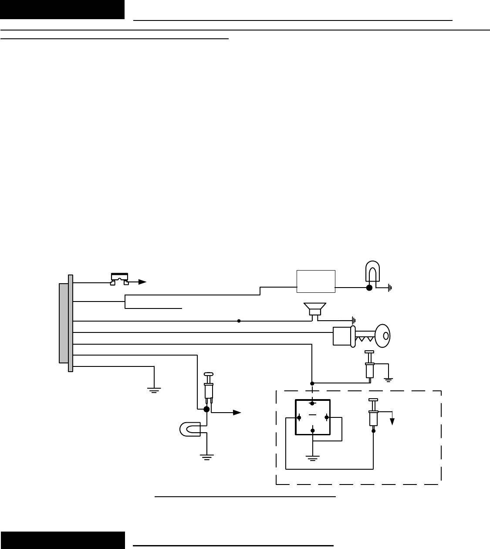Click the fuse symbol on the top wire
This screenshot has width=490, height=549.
(x=119, y=279)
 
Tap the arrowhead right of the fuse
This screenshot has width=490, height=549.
(x=142, y=282)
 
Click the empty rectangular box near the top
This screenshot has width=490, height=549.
(x=316, y=281)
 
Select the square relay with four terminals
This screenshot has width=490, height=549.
(x=313, y=417)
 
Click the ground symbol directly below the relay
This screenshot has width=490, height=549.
(x=313, y=457)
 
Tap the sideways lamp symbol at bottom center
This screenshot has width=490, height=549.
(x=190, y=429)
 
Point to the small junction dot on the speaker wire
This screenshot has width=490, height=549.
(x=239, y=321)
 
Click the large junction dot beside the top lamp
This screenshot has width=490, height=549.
(x=369, y=288)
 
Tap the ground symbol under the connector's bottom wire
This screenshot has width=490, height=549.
(x=154, y=390)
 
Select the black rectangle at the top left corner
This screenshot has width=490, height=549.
(x=62, y=10)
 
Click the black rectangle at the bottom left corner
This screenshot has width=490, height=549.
(x=62, y=540)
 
